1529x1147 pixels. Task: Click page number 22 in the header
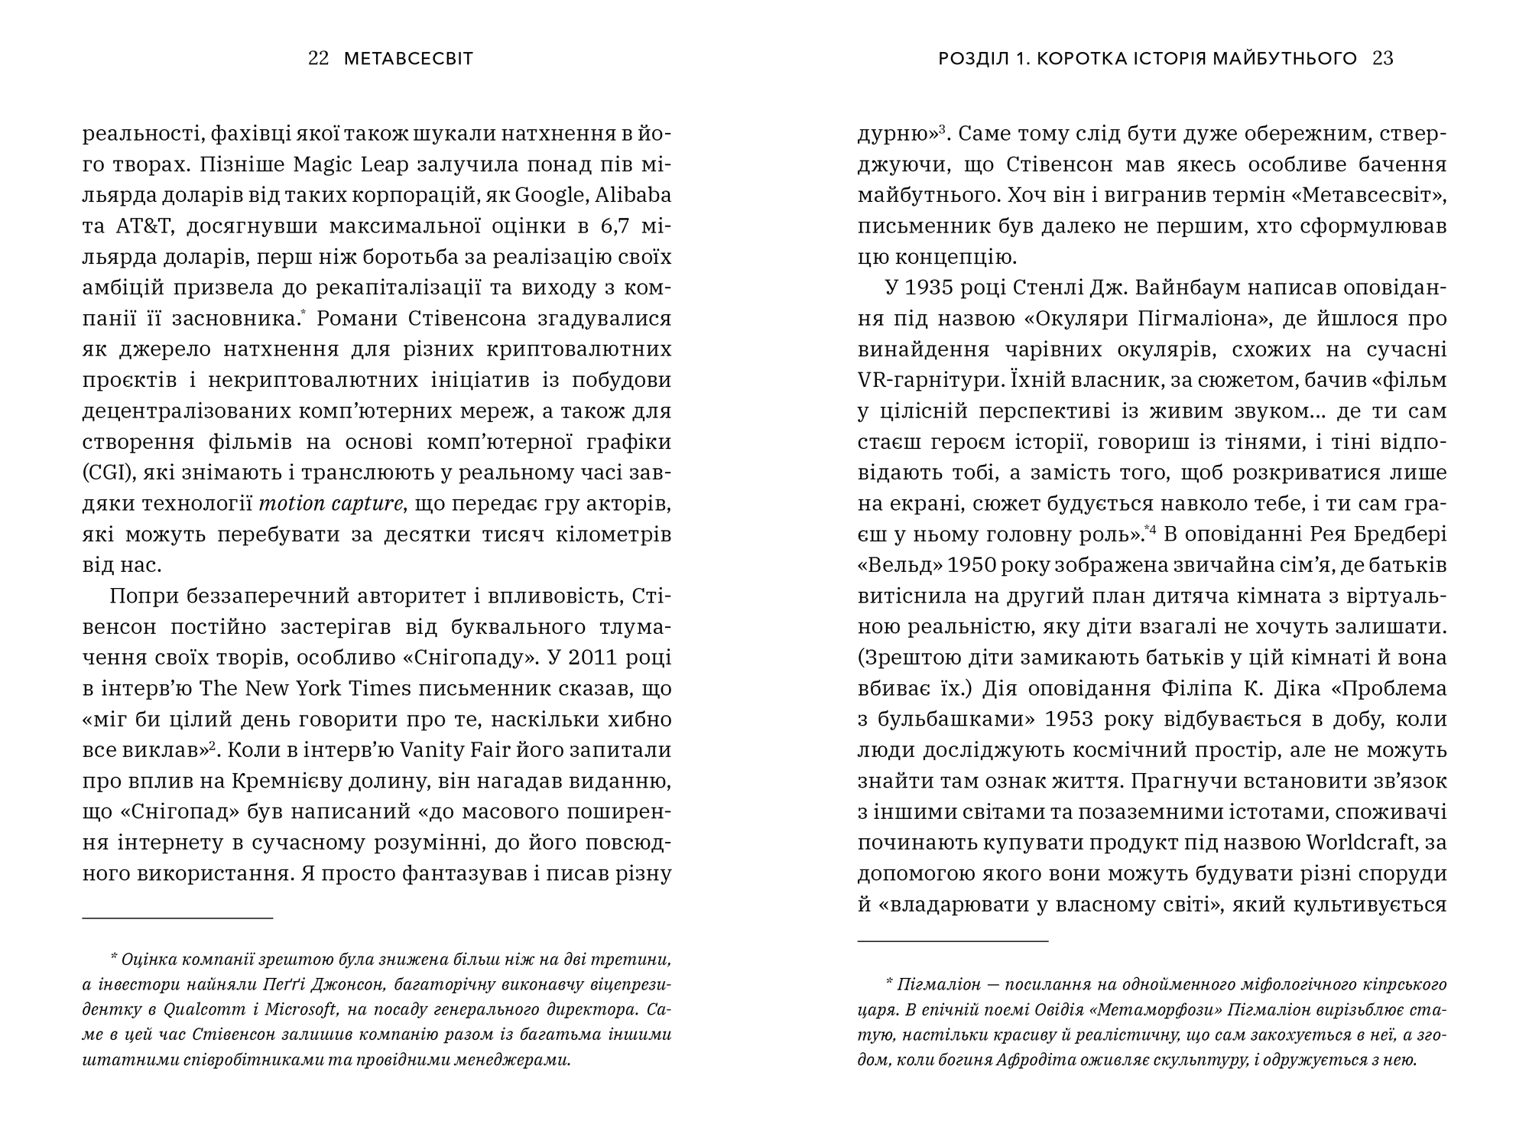[318, 59]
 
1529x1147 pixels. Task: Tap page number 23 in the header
[1383, 59]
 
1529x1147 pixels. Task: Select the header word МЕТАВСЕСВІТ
[409, 59]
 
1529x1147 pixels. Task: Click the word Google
[549, 195]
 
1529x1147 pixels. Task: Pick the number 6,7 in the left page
[599, 226]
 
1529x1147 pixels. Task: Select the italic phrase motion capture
[331, 504]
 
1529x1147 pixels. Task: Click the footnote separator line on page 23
[953, 942]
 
